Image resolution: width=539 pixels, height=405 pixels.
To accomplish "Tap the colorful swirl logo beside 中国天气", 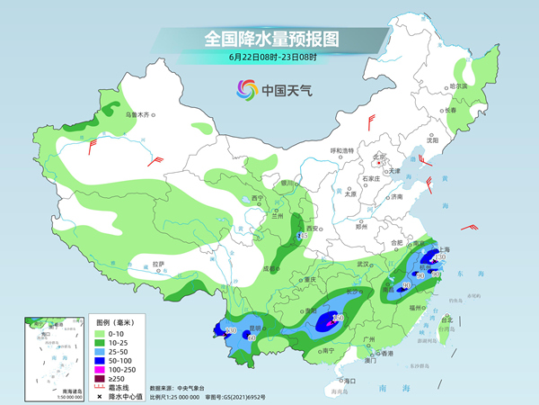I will [246, 89].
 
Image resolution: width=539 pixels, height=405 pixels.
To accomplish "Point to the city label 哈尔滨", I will [459, 86].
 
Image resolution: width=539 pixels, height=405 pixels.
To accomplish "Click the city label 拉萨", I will [159, 264].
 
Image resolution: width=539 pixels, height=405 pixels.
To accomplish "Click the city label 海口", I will [349, 381].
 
